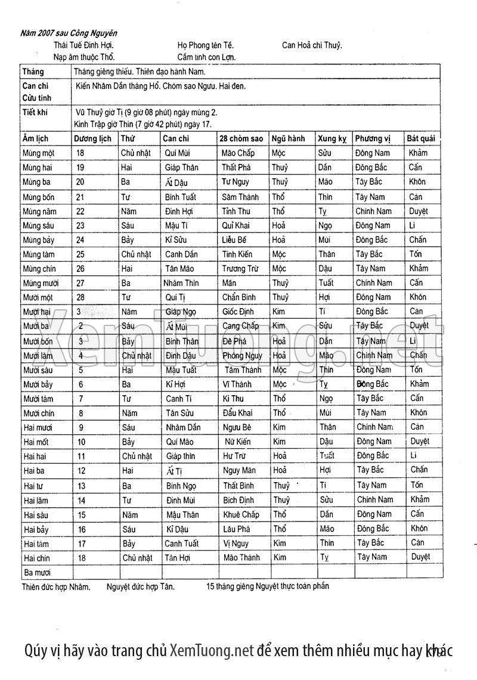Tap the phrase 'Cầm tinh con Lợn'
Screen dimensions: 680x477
[206, 57]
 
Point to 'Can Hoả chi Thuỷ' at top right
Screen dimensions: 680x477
[312, 45]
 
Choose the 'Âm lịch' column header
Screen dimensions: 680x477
[36, 138]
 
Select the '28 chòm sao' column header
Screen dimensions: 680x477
[241, 138]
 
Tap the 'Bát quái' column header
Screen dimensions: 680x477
[421, 138]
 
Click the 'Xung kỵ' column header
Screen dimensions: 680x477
[332, 138]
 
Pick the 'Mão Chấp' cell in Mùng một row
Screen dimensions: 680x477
[238, 153]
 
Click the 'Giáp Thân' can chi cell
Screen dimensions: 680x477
[182, 167]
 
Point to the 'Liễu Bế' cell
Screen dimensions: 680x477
[234, 240]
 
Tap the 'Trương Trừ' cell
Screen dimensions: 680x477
[240, 269]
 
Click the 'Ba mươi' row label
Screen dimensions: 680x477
[36, 572]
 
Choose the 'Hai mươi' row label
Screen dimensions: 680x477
[37, 427]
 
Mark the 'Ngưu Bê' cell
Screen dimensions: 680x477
[237, 427]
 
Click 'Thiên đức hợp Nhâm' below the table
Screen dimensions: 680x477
[56, 586]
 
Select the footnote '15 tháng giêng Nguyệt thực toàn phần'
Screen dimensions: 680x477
[268, 586]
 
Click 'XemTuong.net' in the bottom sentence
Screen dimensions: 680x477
[212, 650]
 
